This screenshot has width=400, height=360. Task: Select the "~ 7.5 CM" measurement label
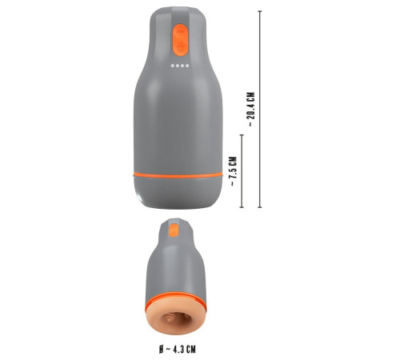pyautogui.click(x=232, y=170)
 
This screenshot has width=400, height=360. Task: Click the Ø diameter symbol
pyautogui.click(x=161, y=349)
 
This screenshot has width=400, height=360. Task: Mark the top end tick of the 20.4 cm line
pyautogui.click(x=260, y=11)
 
